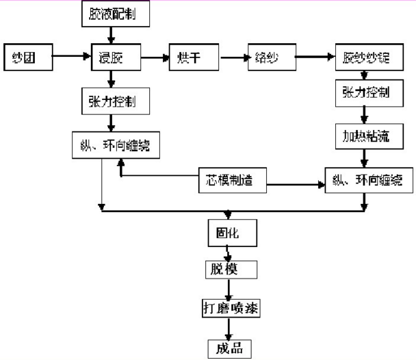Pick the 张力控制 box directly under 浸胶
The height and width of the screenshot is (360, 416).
(111, 101)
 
